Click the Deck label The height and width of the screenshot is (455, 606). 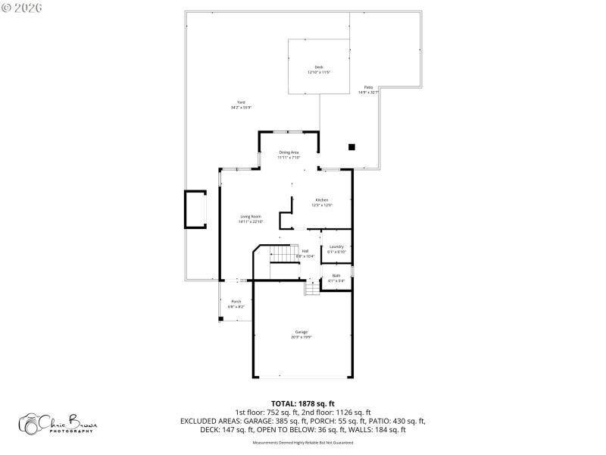(319, 67)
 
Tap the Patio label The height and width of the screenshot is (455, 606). (368, 87)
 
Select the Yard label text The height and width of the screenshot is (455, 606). (241, 102)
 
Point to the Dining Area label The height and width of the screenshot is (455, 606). (289, 152)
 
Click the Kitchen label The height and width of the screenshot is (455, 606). (322, 200)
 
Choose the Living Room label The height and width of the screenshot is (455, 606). (251, 217)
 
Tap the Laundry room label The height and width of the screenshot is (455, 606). (336, 246)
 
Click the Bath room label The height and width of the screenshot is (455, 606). (336, 275)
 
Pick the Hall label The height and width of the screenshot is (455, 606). (305, 251)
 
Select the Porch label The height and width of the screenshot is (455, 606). (236, 302)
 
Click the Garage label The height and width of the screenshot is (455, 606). (301, 332)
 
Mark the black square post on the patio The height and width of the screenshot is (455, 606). (351, 147)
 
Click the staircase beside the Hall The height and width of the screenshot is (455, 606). (283, 253)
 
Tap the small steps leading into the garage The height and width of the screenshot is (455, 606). (313, 288)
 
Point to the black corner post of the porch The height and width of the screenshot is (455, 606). (220, 319)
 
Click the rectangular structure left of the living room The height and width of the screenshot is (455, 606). (195, 209)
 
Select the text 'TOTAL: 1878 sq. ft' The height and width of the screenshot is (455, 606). (303, 403)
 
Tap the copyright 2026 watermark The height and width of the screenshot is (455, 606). (22, 8)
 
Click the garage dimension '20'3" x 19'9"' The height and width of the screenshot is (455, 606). (301, 337)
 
